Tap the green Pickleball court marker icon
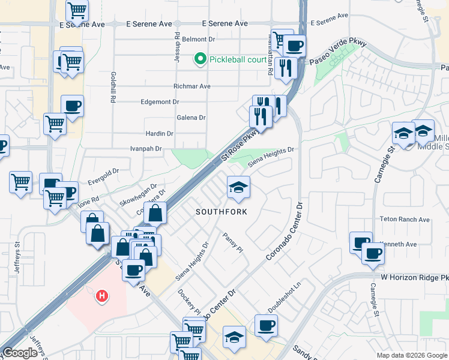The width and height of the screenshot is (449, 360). pos(200,59)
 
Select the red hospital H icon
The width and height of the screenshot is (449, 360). pos(103,296)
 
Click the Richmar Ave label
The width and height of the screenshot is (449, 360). pos(191,86)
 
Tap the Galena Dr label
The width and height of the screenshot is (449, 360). pos(191,118)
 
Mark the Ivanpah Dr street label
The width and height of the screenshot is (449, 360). pos(146,148)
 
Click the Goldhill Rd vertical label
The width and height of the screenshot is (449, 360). pos(113,87)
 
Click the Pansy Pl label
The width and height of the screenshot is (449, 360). pos(232,242)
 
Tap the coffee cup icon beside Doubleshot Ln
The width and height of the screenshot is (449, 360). pos(266,325)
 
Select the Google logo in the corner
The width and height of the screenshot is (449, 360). pos(20,353)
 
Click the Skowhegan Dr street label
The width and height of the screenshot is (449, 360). pos(137,196)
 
